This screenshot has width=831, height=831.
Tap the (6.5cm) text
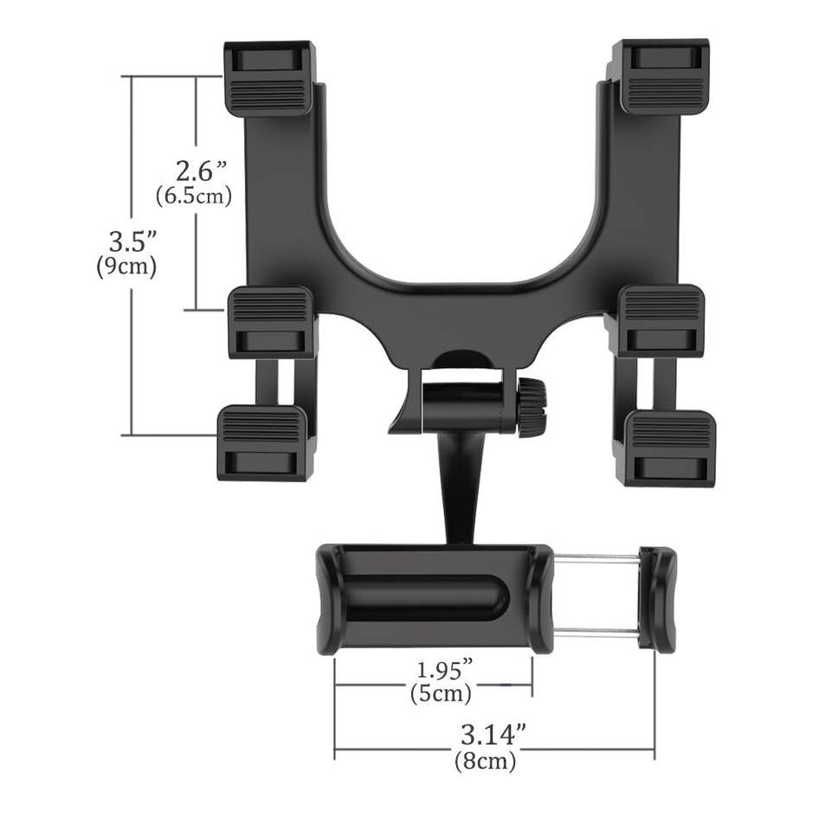(194, 196)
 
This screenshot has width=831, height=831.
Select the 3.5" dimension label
(127, 240)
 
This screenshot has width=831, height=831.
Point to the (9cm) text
(126, 267)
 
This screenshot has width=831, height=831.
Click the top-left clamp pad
(269, 78)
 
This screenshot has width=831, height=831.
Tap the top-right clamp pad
(660, 76)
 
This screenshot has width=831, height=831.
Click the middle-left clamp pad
(271, 321)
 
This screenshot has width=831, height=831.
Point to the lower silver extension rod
(596, 633)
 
